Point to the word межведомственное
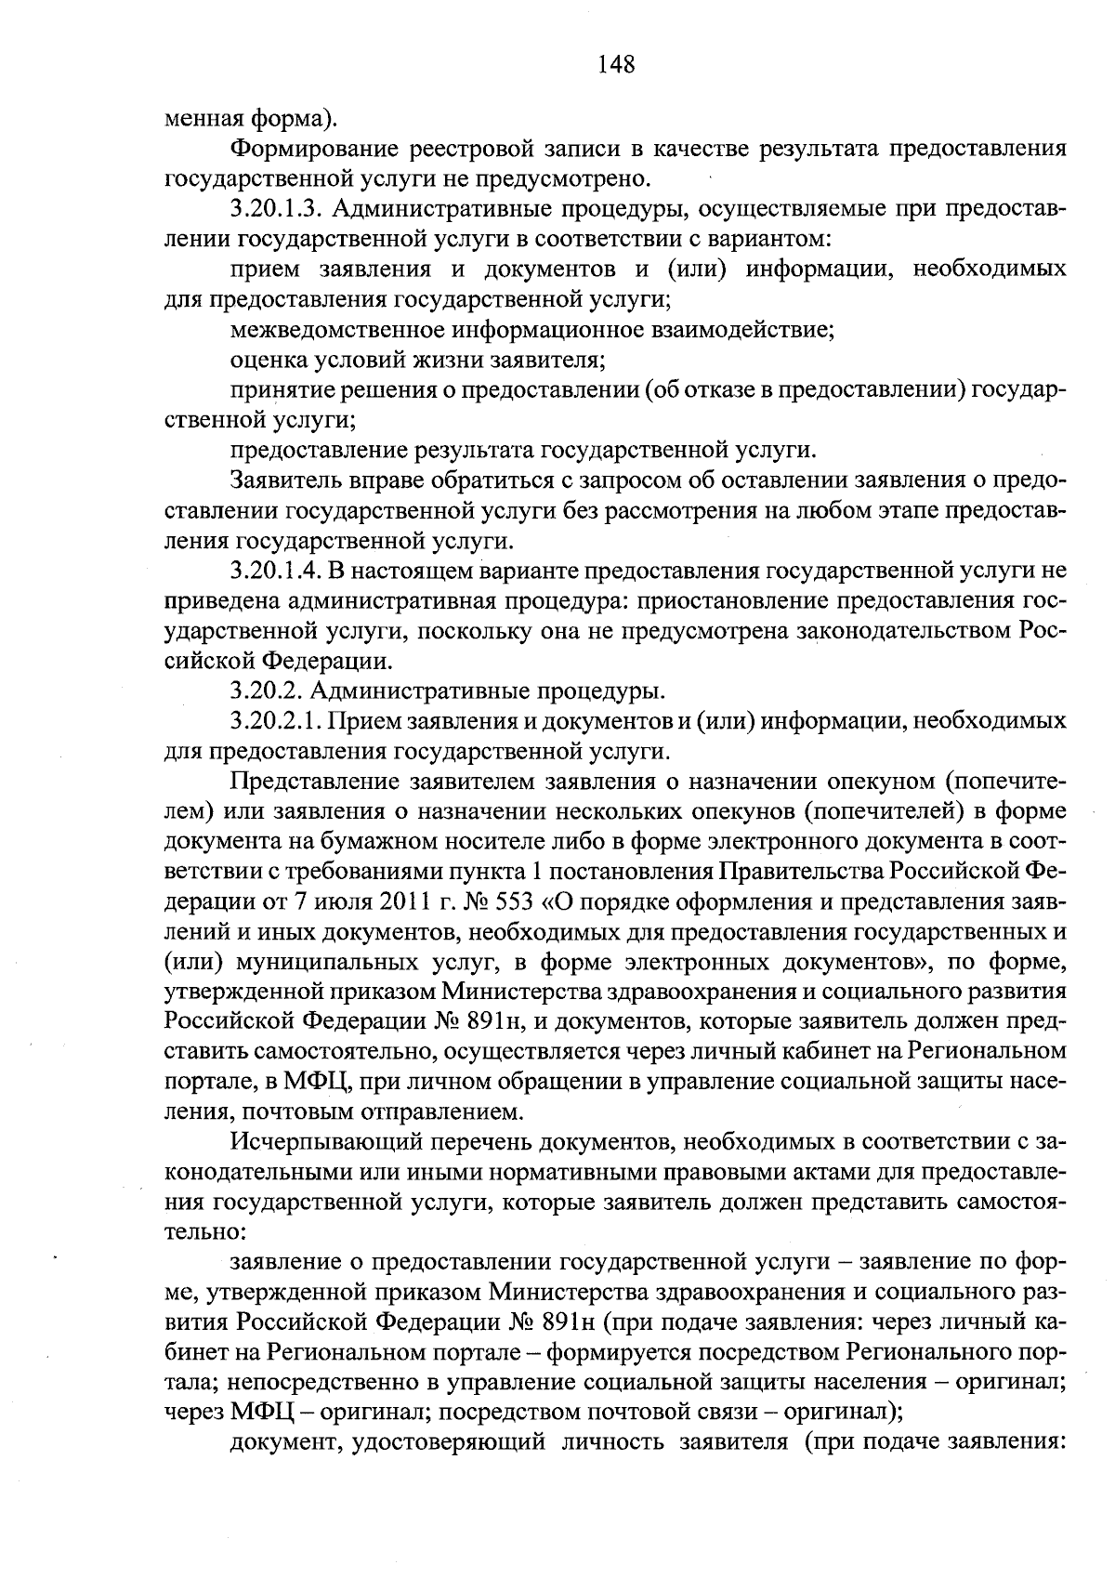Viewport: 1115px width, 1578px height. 335,329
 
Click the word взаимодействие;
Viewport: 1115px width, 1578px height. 739,329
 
